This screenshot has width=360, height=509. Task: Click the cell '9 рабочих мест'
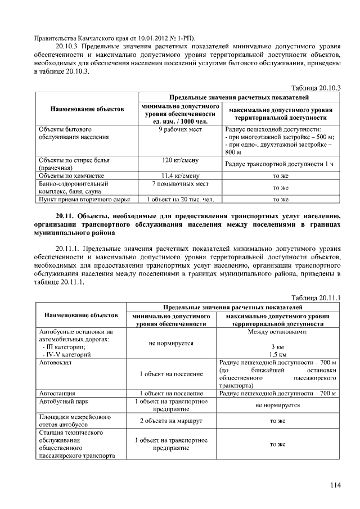pyautogui.click(x=181, y=129)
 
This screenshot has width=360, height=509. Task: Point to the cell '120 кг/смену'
pyautogui.click(x=181, y=160)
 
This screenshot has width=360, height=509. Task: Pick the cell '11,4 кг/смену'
pyautogui.click(x=181, y=176)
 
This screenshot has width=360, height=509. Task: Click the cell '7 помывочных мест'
pyautogui.click(x=181, y=184)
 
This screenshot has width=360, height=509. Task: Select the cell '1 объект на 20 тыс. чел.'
pyautogui.click(x=181, y=199)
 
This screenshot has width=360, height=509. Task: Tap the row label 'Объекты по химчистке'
pyautogui.click(x=72, y=176)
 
